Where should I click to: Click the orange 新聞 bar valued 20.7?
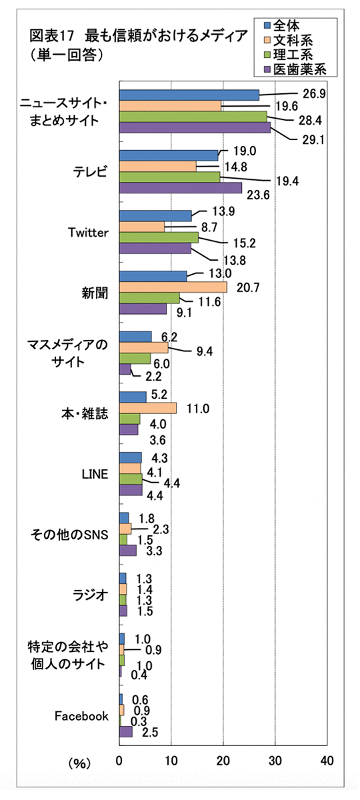click(173, 287)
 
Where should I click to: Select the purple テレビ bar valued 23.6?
click(181, 188)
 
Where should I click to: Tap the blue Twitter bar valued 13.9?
click(155, 216)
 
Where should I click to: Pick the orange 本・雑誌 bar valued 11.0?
click(148, 408)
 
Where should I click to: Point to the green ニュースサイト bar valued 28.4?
click(193, 117)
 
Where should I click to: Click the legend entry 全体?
click(282, 26)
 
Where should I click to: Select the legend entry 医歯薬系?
click(295, 69)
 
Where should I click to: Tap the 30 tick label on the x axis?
click(275, 761)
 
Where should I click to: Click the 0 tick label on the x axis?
click(119, 761)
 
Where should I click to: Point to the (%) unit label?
click(79, 763)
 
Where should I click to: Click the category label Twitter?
click(88, 233)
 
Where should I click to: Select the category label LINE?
click(95, 474)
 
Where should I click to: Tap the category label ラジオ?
click(91, 595)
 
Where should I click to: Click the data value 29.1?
click(313, 139)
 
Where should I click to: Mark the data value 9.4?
click(204, 351)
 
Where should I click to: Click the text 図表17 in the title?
click(52, 36)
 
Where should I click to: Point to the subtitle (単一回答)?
click(67, 55)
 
